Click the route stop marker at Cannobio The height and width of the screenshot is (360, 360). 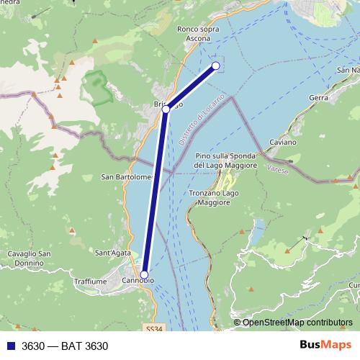pyautogui.click(x=144, y=275)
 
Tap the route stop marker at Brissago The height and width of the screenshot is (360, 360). pyautogui.click(x=166, y=109)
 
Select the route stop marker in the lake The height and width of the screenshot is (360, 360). pyautogui.click(x=215, y=66)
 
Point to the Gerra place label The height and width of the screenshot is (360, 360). pyautogui.click(x=318, y=97)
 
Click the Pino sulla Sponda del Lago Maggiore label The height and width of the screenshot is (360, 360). pyautogui.click(x=225, y=161)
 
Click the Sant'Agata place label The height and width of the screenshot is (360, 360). pyautogui.click(x=112, y=252)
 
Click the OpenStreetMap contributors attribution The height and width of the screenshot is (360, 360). pyautogui.click(x=297, y=323)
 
